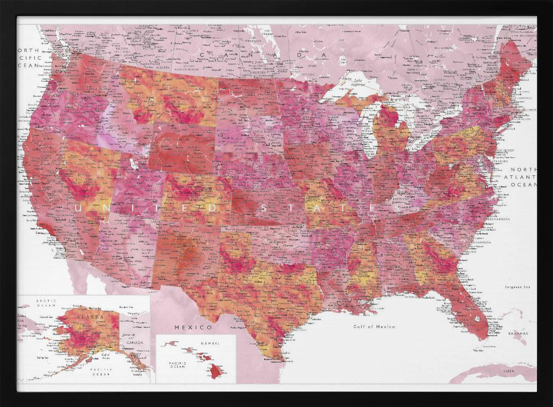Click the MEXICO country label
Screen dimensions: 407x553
point(186,327)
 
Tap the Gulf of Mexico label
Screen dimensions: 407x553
point(374,327)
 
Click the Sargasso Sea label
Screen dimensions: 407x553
point(518,287)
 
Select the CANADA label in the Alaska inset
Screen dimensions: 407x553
point(134,342)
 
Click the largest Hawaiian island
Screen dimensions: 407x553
point(216,371)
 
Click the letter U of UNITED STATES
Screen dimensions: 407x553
point(78,208)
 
